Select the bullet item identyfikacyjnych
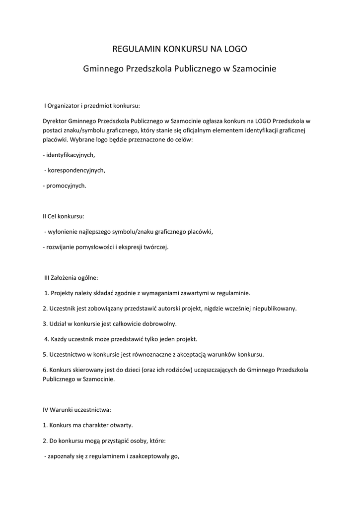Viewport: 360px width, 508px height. [70, 155]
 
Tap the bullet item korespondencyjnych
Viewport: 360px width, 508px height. [76, 170]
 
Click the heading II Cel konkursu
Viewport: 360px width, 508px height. [64, 216]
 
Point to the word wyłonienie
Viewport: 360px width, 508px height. [62, 232]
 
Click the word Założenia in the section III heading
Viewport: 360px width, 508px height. [67, 278]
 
